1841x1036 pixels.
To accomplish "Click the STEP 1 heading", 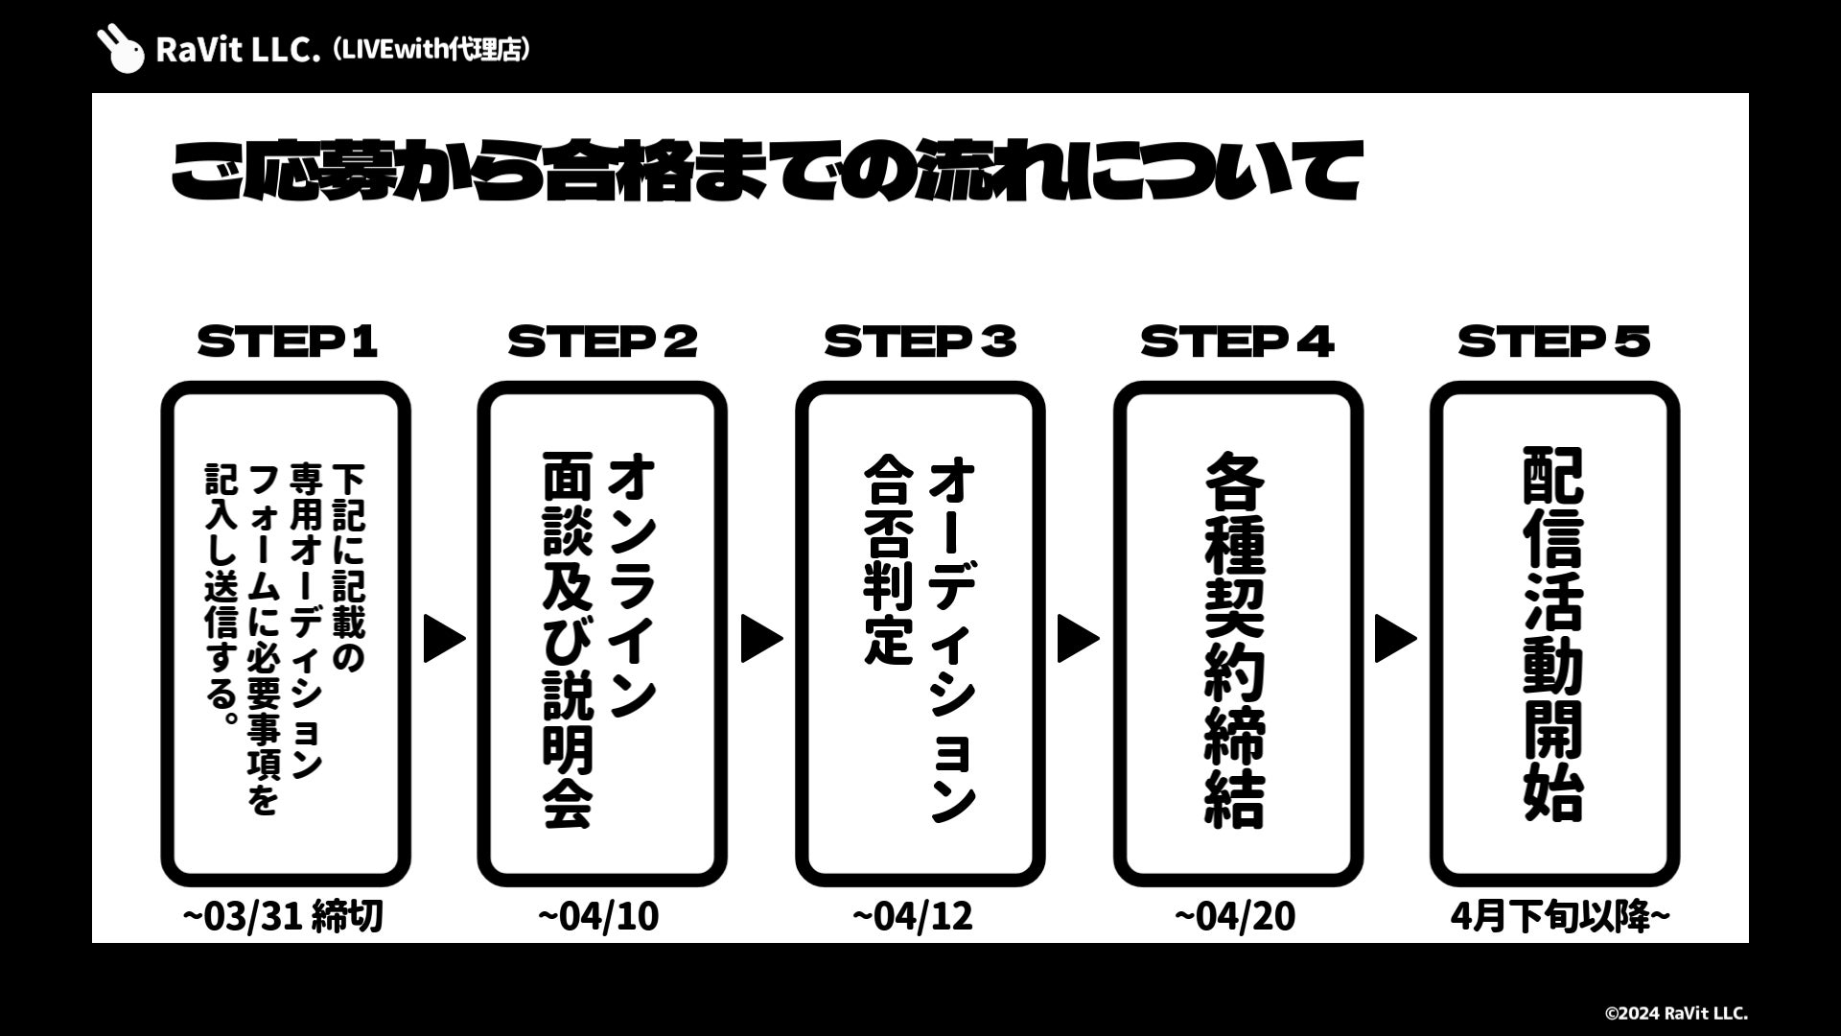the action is [x=287, y=341].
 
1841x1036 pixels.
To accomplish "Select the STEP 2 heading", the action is [x=603, y=341].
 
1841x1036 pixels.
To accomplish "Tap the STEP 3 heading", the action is [x=920, y=341].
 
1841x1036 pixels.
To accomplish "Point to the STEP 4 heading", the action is [x=1237, y=341].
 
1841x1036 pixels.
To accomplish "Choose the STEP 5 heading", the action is [x=1553, y=341].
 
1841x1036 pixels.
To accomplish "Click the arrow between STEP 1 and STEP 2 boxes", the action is [x=444, y=639].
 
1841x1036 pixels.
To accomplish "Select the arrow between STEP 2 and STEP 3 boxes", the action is [x=761, y=639].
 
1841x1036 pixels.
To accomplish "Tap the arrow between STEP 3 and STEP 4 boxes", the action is [x=1078, y=639].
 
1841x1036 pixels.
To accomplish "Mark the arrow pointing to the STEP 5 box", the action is [x=1395, y=639].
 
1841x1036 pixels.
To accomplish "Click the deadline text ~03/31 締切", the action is [x=283, y=916].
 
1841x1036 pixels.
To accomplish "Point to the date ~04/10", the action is [x=598, y=916].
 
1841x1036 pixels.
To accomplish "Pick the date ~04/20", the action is [x=1234, y=916].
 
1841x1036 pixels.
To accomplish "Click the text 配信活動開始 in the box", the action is [x=1553, y=634].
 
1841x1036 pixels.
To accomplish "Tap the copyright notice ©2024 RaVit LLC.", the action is [x=1676, y=1013].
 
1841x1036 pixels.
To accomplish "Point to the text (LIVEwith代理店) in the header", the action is [x=431, y=49].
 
